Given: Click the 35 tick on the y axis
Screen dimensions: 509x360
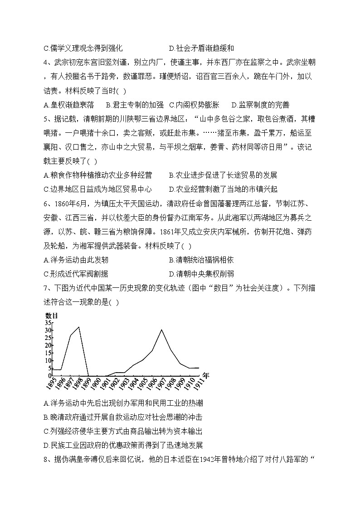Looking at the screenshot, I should (x=48, y=323).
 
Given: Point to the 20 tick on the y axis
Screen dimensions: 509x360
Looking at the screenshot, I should (x=48, y=345).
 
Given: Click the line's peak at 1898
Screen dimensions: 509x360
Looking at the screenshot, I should (x=79, y=327).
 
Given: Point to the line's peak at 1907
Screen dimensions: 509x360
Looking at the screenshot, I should (x=161, y=330).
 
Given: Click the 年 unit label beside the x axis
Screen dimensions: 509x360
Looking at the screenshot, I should (x=206, y=375).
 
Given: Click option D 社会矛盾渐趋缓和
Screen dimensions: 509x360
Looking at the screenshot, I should (x=201, y=48).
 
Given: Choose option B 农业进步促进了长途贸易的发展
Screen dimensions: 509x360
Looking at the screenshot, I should (x=223, y=175).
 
